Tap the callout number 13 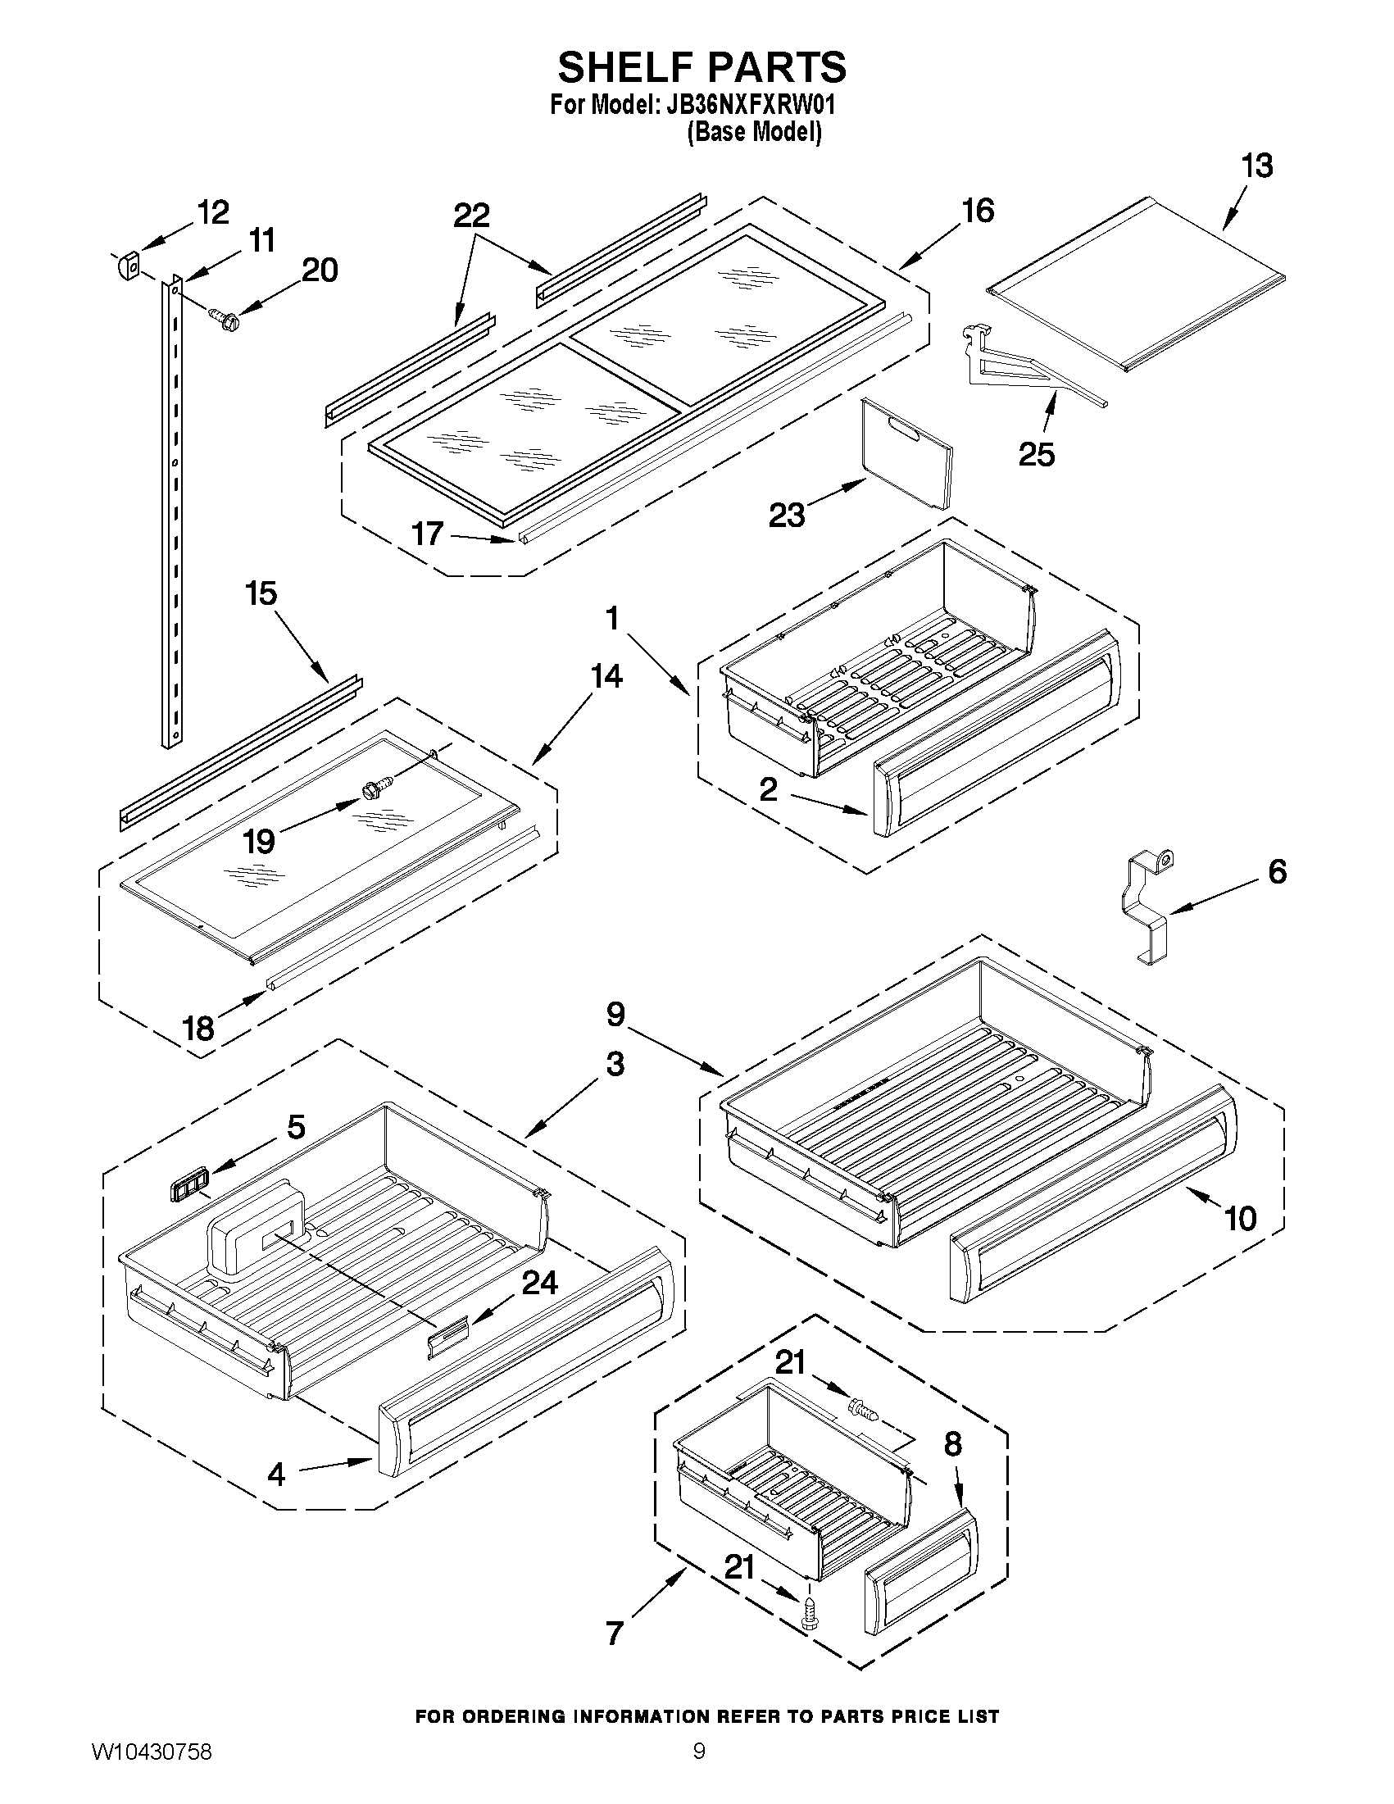click(1257, 166)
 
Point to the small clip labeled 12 click(126, 267)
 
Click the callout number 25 click(1037, 454)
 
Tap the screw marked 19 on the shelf click(370, 790)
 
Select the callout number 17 click(428, 534)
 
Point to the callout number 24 click(539, 1282)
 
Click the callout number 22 click(470, 216)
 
